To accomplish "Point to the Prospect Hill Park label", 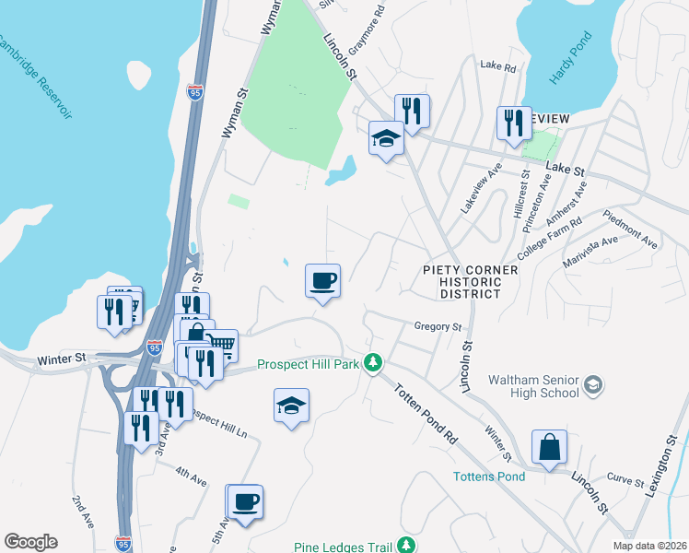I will (x=308, y=364).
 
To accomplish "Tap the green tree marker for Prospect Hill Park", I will (x=372, y=363).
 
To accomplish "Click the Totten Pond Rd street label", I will (x=426, y=417).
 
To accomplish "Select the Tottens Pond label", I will (x=489, y=477).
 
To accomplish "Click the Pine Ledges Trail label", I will (x=340, y=547).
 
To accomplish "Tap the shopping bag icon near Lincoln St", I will (x=549, y=447).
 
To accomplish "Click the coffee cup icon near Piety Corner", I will (x=323, y=279).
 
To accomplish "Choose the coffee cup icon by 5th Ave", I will (x=245, y=502).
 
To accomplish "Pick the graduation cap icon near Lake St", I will (x=387, y=138).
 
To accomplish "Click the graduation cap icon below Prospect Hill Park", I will (x=291, y=406).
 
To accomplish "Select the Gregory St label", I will (x=438, y=326).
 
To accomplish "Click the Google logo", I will (x=30, y=542).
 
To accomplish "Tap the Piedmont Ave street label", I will (x=631, y=229).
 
